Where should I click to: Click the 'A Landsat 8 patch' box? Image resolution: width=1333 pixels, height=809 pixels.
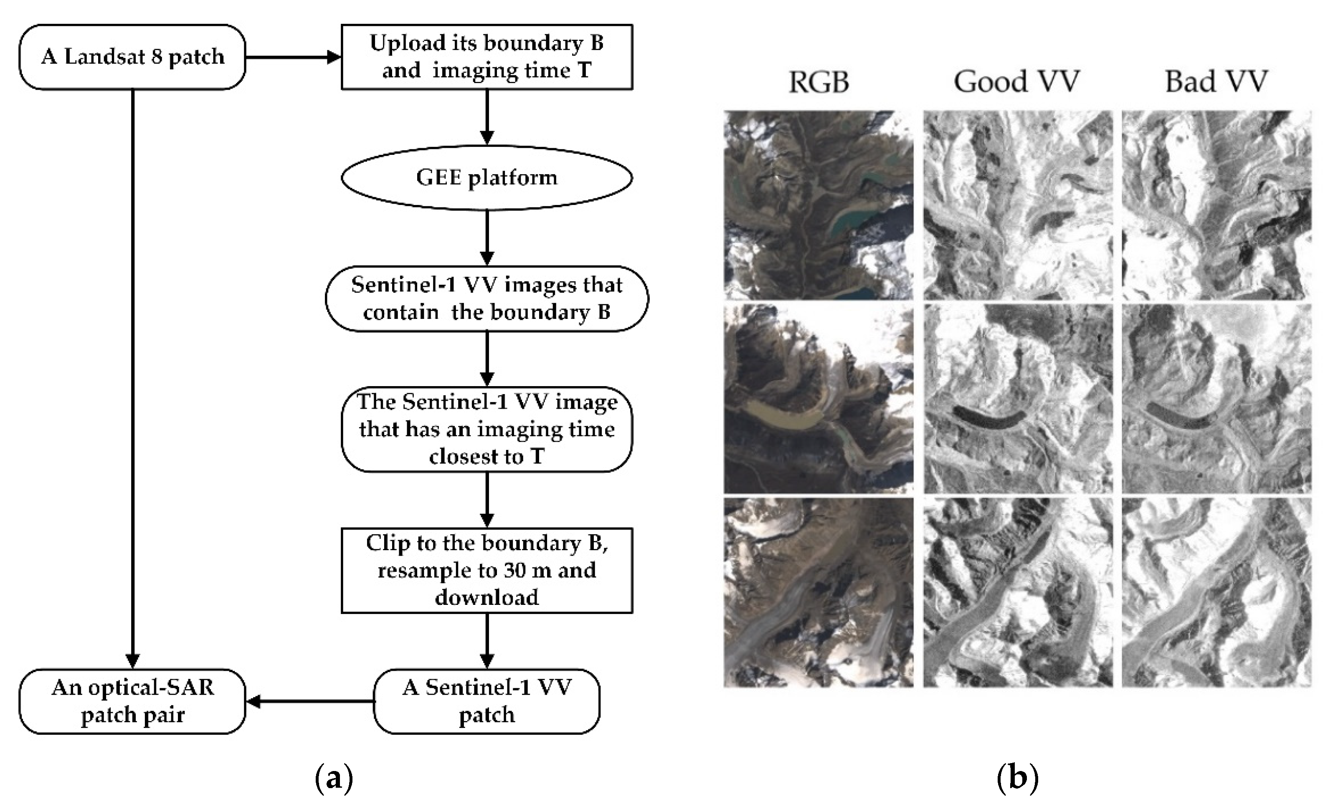click(132, 57)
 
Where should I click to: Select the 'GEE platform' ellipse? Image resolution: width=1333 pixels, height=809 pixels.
click(487, 177)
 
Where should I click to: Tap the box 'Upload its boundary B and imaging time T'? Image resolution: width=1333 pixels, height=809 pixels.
click(487, 57)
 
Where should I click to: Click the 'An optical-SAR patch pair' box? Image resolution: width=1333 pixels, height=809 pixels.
click(132, 701)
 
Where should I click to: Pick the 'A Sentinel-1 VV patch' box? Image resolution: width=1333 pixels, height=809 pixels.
click(487, 701)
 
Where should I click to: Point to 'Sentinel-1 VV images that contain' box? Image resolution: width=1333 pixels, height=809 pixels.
click(487, 298)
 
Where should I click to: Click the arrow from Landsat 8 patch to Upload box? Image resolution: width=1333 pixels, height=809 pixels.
click(292, 57)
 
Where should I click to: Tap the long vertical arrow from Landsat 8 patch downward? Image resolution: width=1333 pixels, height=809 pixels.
click(132, 379)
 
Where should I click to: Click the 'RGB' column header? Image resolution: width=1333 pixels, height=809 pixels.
click(819, 82)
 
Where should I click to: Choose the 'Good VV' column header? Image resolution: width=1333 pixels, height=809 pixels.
click(1016, 82)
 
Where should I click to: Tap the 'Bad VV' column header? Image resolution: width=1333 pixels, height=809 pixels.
click(1216, 82)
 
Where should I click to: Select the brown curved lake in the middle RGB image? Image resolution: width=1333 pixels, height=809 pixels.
click(779, 417)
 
